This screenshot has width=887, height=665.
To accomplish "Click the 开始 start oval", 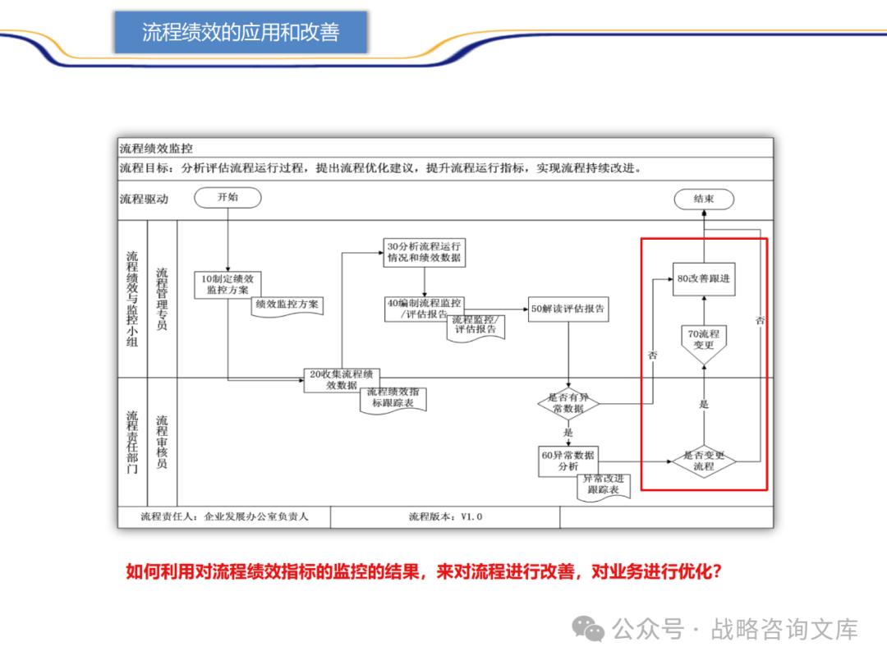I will (x=227, y=197).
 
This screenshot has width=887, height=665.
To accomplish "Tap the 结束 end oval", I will (x=704, y=199).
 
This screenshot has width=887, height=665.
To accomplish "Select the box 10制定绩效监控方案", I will (x=227, y=284).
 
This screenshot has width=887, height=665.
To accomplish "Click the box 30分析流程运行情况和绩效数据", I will (x=424, y=252).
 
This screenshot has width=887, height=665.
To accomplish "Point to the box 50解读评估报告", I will (x=568, y=309).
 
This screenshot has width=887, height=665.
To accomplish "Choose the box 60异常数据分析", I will (x=568, y=461).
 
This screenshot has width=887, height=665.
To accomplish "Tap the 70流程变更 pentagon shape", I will (x=704, y=341).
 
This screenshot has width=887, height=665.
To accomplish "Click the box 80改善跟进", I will (x=704, y=279).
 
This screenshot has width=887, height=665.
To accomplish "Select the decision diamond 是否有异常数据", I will (x=568, y=402).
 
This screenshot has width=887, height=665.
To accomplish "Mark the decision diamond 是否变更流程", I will (x=704, y=461).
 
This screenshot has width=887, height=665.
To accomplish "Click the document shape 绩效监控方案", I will (x=287, y=305).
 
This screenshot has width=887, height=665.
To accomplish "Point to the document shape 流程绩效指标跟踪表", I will (x=393, y=398).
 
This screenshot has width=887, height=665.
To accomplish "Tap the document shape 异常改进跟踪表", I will (x=603, y=484).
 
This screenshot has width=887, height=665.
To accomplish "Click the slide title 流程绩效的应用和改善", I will (x=241, y=33).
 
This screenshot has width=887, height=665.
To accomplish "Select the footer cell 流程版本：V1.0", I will (x=445, y=516).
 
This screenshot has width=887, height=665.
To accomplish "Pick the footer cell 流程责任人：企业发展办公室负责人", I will (x=224, y=516).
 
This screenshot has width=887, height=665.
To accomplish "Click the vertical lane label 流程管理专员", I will (x=162, y=299).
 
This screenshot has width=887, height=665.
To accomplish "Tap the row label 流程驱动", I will (x=144, y=199).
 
